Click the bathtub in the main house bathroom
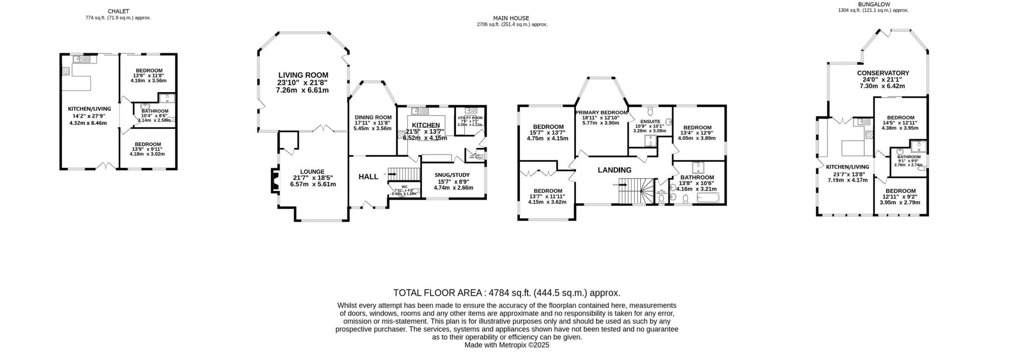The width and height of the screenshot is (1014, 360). tap(708, 198)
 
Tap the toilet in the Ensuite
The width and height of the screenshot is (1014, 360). tap(650, 109)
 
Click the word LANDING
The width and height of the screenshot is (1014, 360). tap(614, 170)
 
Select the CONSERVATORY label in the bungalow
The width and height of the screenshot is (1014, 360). tap(883, 73)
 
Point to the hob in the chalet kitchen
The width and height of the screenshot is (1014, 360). tap(65, 71)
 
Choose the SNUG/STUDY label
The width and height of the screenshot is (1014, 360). tap(452, 175)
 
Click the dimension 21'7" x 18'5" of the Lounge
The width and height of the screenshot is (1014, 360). tap(313, 178)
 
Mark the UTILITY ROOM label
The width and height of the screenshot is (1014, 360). tap(470, 118)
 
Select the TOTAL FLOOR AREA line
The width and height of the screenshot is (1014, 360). tap(507, 293)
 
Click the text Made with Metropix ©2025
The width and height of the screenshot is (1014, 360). tap(507, 345)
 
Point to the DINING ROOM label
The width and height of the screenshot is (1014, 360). tap(373, 117)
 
